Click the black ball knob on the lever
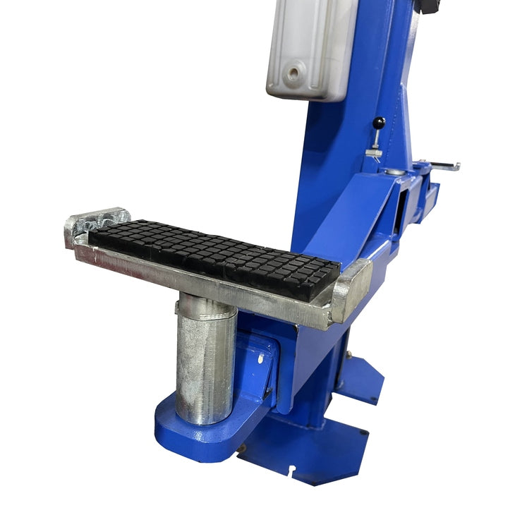[x=380, y=123]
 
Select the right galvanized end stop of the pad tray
[x=351, y=289]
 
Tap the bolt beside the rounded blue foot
[x=242, y=447]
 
